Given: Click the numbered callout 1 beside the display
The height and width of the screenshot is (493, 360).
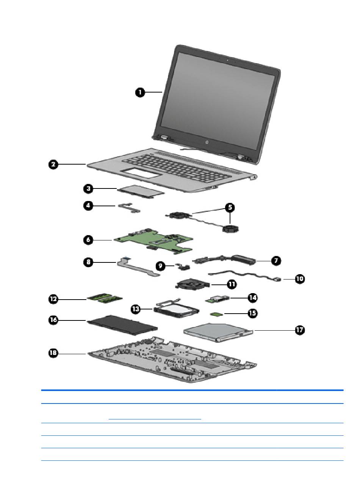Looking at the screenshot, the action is (140, 92).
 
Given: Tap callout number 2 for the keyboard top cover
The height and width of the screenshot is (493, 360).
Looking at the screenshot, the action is (54, 164).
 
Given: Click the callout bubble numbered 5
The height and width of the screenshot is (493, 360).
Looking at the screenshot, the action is (230, 207).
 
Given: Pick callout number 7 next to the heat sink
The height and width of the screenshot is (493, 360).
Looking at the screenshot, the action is (276, 261).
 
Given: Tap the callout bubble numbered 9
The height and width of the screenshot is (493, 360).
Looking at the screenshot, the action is (161, 266).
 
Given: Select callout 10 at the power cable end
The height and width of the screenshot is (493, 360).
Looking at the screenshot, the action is (299, 279).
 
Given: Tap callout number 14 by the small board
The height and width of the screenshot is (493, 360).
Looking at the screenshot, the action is (252, 298).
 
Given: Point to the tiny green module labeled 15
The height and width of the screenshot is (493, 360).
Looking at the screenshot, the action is (216, 314).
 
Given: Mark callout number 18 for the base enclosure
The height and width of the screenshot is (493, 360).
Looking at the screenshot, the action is (54, 353).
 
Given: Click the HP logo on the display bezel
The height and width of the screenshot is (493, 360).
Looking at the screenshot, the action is (207, 143).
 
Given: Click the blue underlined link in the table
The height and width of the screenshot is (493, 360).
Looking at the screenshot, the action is (155, 419).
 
